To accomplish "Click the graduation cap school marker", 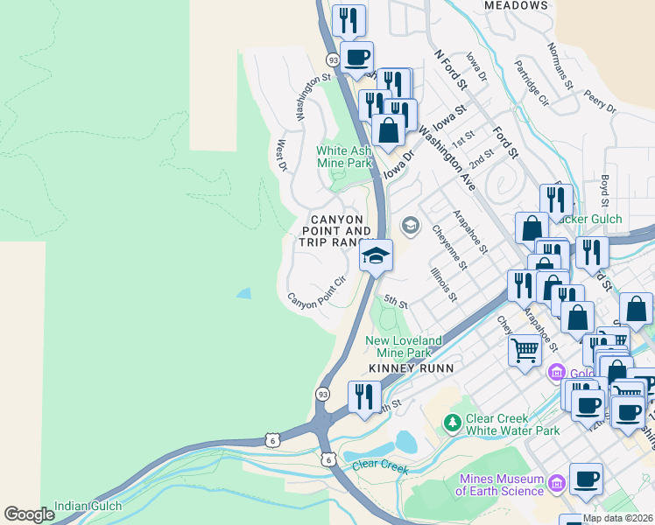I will click(376, 256).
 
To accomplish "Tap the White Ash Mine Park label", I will click(344, 157).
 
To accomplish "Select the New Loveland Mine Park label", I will click(404, 346).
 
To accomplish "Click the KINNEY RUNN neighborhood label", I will click(412, 368).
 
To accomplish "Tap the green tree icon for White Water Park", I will click(452, 423).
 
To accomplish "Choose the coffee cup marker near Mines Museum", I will click(586, 479).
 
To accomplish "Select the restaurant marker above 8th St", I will click(360, 396).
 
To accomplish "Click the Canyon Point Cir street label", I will click(317, 290).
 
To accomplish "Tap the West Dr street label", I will click(281, 156).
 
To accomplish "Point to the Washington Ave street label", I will click(446, 158).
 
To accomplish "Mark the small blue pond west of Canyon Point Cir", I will click(244, 293).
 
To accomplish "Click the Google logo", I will click(29, 514).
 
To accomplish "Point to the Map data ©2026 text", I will click(618, 518).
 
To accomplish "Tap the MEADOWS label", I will click(516, 5).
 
